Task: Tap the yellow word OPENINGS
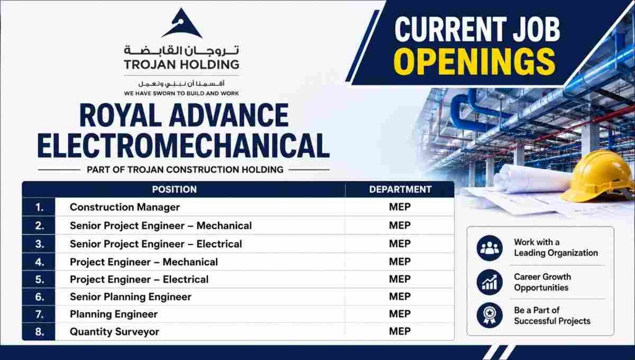pos(474,61)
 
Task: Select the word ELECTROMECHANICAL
pos(184,146)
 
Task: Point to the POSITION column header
pos(174,189)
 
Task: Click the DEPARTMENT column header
pos(400,189)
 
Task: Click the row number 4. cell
pos(39,262)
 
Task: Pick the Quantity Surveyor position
pos(114,331)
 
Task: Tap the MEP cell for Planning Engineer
pos(400,314)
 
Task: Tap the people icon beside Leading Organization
pos(489,248)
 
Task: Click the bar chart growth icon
pos(489,282)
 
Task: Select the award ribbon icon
pos(489,315)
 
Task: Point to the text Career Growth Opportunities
pos(542,282)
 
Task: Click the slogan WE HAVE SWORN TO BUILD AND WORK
pos(182,93)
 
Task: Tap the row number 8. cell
pos(39,331)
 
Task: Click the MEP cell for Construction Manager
pos(400,207)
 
